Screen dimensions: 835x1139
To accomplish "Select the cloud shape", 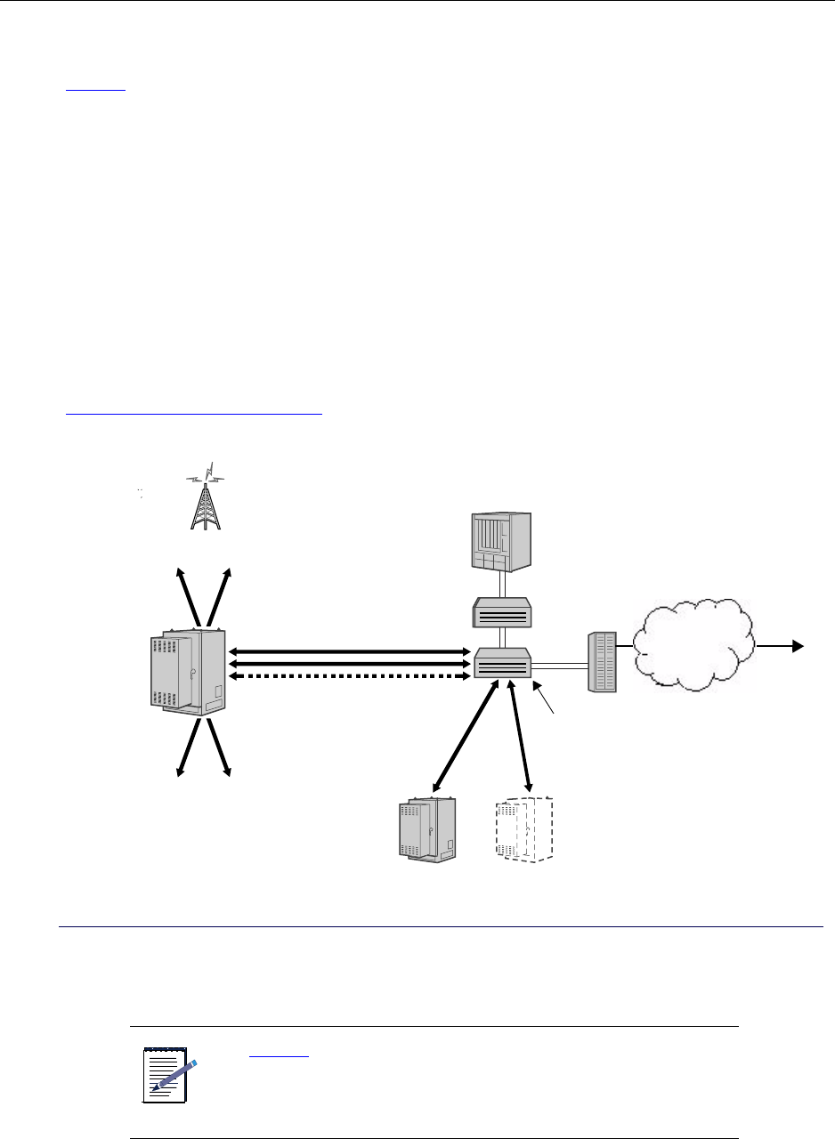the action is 695,646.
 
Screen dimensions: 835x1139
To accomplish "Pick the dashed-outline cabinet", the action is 524,831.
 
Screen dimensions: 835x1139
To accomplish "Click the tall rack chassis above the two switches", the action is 502,542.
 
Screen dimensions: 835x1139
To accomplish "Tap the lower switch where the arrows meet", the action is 502,664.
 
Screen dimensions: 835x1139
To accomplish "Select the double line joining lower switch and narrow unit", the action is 559,664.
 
